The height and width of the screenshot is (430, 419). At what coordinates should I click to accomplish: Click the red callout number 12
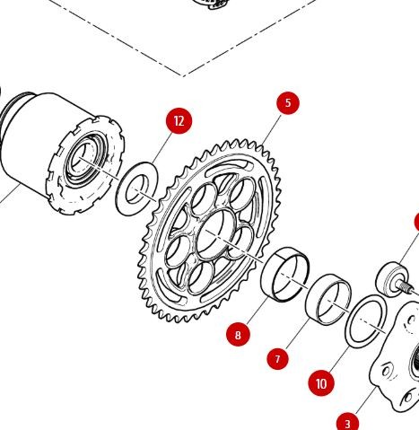click(179, 121)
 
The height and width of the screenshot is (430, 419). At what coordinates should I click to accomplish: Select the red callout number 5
click(287, 102)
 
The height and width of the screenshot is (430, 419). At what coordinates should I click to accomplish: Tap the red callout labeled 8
click(238, 335)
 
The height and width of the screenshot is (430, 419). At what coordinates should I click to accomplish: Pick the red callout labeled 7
click(278, 358)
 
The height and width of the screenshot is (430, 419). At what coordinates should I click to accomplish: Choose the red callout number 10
click(321, 383)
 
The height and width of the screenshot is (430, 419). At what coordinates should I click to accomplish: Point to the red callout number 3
click(347, 421)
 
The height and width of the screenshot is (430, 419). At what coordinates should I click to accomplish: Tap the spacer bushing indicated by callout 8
click(285, 272)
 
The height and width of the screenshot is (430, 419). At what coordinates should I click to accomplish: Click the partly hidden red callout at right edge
click(415, 222)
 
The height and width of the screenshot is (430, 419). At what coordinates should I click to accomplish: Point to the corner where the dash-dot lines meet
click(184, 75)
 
